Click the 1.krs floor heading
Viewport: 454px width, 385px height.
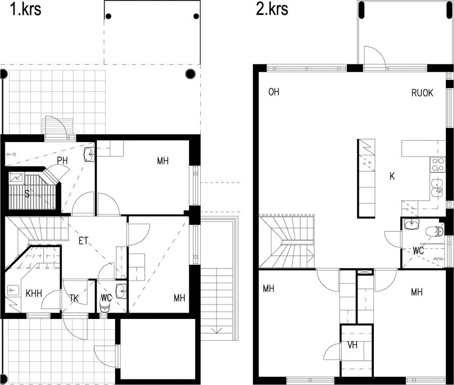click(26, 9)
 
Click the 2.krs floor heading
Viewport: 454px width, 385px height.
click(272, 9)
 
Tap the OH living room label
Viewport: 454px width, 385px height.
click(274, 92)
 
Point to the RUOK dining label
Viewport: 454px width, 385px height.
click(422, 93)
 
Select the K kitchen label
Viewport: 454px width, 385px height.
click(392, 176)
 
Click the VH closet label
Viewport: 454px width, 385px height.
click(353, 345)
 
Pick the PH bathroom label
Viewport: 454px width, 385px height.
click(62, 161)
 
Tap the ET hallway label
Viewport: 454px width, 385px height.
click(83, 241)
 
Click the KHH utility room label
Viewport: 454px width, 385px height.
click(34, 294)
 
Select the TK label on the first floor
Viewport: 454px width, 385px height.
click(74, 298)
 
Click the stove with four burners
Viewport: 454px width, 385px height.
click(437, 164)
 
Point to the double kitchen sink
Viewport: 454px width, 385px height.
click(437, 188)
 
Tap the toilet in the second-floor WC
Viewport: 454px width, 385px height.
click(434, 231)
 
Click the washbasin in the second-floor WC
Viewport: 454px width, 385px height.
click(412, 224)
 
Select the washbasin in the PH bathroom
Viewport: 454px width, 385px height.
click(89, 154)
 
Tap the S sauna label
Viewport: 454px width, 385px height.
click(27, 194)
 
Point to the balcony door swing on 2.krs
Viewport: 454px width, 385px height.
click(375, 57)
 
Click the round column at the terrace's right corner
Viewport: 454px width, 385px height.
click(190, 74)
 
